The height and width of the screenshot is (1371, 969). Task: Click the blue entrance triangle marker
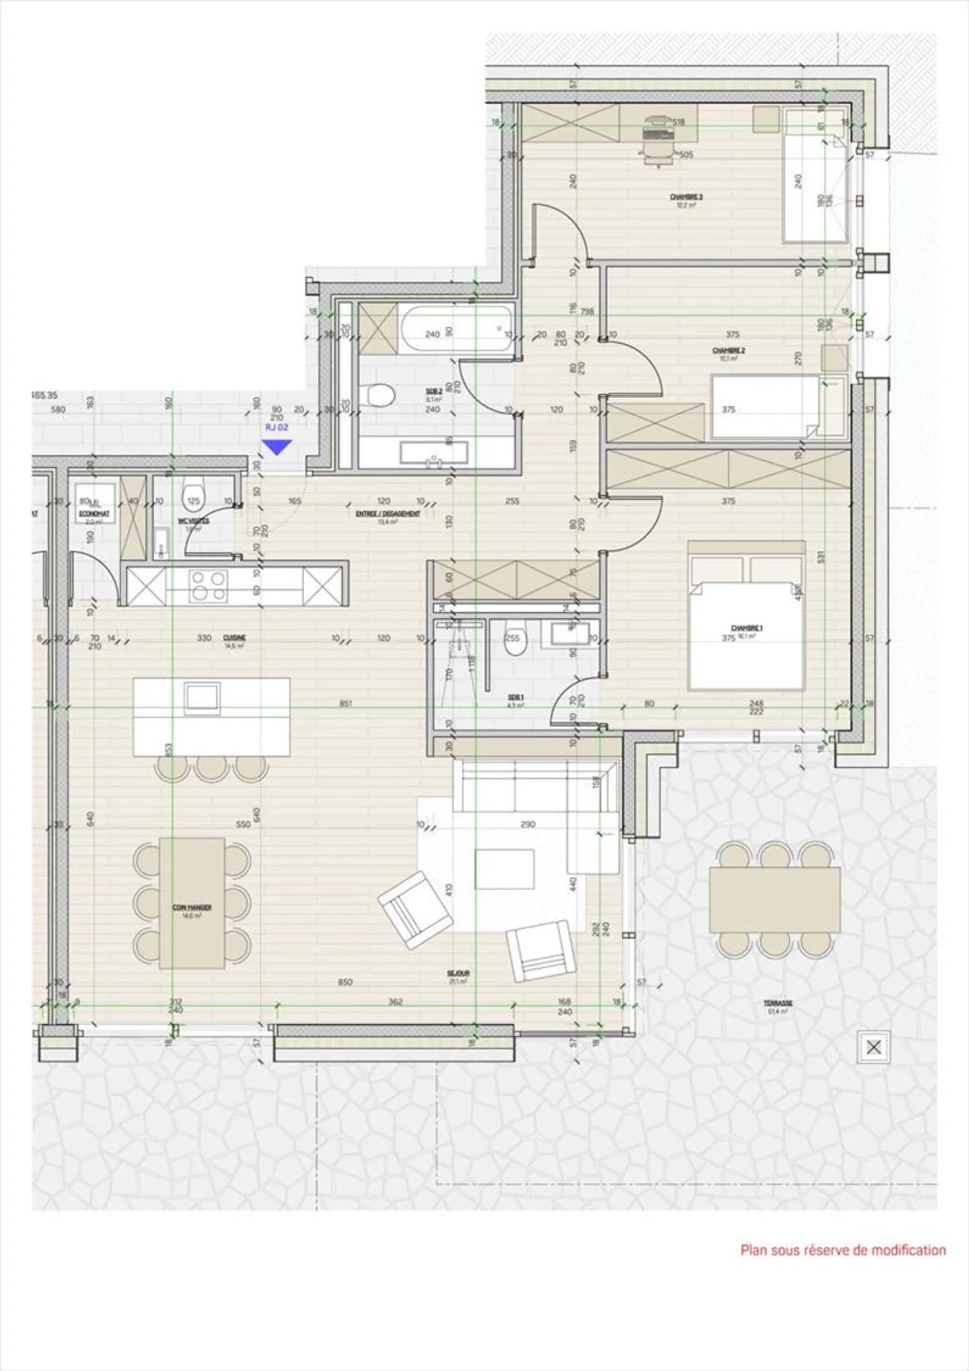(x=277, y=447)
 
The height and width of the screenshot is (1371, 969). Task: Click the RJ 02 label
(x=277, y=427)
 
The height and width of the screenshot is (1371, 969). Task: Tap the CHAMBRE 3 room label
(x=686, y=198)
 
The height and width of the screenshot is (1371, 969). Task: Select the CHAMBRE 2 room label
(x=728, y=351)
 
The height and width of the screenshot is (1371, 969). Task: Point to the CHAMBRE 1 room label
(x=746, y=628)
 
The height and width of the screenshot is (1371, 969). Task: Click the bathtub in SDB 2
(x=456, y=328)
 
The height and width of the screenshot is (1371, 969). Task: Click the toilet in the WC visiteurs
(x=193, y=497)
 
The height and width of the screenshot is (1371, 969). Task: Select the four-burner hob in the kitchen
(x=208, y=585)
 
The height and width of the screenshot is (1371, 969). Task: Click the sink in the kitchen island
(x=203, y=697)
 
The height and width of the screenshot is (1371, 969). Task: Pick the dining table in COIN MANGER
(x=192, y=903)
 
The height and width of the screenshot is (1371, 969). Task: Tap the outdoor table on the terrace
(x=775, y=899)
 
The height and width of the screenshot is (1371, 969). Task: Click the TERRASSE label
(x=777, y=1003)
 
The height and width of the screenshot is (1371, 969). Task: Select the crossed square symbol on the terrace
(x=873, y=1047)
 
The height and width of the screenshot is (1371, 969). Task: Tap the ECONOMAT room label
(x=94, y=514)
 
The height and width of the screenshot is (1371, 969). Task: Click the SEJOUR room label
(x=458, y=973)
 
